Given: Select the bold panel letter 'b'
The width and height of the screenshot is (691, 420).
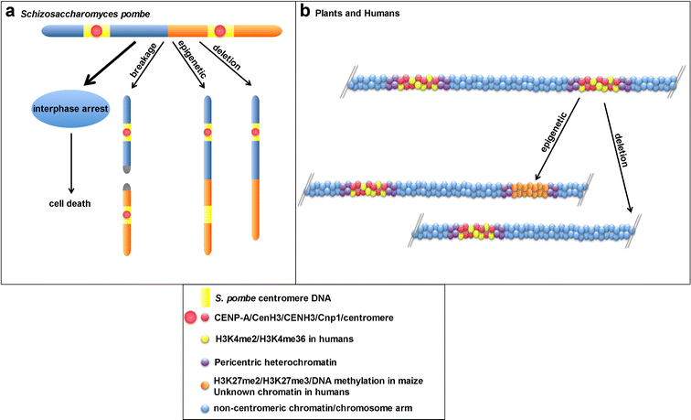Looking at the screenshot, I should (x=305, y=12).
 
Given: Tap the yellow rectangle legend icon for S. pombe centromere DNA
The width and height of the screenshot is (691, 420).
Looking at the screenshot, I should (x=193, y=297).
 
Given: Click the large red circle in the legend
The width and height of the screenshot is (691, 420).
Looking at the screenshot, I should (x=191, y=318).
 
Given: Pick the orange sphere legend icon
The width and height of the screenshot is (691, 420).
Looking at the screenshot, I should (x=205, y=380).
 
